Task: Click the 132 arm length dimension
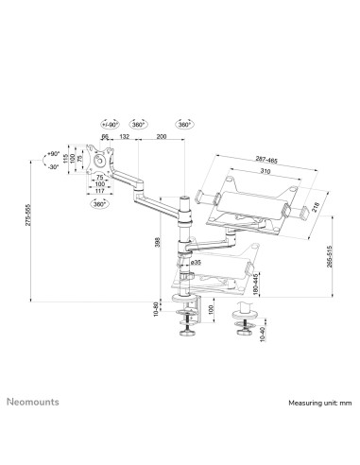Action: click(123, 137)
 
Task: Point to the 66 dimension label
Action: click(104, 137)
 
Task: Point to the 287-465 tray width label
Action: click(251, 161)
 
